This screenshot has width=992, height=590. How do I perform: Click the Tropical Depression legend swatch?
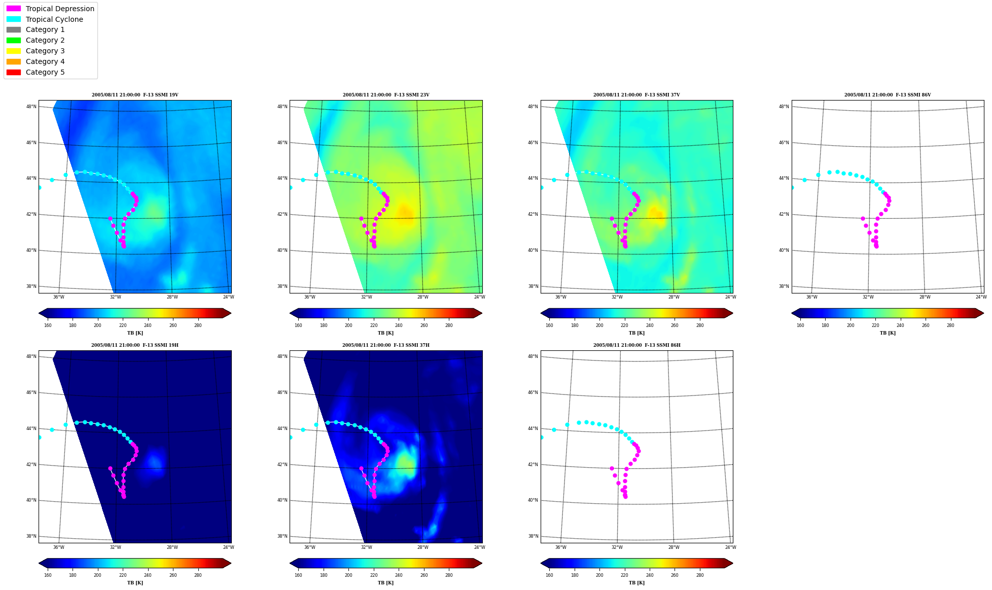[x=14, y=9]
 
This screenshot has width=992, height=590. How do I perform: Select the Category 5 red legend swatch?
[x=14, y=72]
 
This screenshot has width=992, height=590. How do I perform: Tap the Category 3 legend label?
[x=45, y=51]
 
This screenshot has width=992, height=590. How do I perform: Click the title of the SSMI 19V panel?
[x=135, y=95]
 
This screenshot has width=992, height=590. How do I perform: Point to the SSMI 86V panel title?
[x=888, y=95]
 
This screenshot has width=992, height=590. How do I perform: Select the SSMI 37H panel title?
[x=386, y=345]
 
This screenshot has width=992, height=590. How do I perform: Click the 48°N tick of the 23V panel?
[x=282, y=107]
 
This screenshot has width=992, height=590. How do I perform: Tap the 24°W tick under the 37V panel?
[x=730, y=297]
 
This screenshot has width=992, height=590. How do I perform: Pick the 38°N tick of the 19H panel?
[x=31, y=536]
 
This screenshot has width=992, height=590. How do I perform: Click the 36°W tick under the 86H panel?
[x=560, y=547]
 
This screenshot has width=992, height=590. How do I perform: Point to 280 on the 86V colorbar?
[x=950, y=325]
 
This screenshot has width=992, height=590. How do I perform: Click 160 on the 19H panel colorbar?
[x=48, y=575]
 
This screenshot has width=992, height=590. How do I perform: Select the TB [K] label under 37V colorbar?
[x=636, y=333]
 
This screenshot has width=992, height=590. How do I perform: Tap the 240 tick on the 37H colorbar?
[x=399, y=575]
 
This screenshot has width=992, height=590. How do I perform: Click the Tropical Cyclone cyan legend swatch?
[x=14, y=19]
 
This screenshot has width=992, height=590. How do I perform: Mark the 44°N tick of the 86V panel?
[x=785, y=178]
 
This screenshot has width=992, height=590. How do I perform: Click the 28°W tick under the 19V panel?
[x=172, y=297]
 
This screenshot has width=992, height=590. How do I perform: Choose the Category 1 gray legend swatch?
[x=14, y=30]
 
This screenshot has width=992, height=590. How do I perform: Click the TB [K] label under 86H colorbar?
[x=636, y=583]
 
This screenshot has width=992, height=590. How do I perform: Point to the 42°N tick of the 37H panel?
[x=282, y=465]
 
